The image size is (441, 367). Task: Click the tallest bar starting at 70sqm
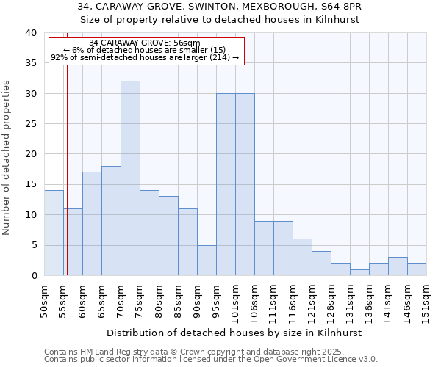[x=130, y=178]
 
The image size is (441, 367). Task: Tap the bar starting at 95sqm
[x=226, y=184]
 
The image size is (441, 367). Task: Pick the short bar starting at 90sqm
[x=207, y=260]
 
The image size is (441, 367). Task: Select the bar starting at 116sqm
[x=302, y=257]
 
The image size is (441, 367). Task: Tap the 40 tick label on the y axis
[x=30, y=33]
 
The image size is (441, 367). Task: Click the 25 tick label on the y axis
[x=30, y=124]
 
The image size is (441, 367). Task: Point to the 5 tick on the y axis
[x=34, y=245]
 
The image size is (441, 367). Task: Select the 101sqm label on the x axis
[x=236, y=299]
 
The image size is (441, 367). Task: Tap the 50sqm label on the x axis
[x=44, y=299]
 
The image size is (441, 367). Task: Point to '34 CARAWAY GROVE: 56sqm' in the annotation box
[x=144, y=43]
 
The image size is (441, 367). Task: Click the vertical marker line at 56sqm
[x=67, y=169]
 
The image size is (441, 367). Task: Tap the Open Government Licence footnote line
[x=211, y=360]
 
